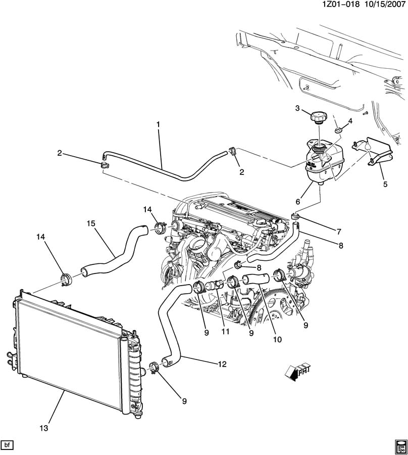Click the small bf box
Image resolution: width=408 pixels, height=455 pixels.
pos(8,445)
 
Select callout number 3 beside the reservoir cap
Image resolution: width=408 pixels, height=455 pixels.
pos(297,108)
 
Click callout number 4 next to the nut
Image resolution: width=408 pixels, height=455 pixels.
pos(349,121)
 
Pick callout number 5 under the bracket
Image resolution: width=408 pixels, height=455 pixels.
pos(385,184)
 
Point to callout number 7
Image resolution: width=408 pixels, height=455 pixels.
pos(339,232)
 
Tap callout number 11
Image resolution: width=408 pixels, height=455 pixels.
pos(225,331)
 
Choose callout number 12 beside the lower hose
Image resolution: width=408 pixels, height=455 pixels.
pos(222,364)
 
